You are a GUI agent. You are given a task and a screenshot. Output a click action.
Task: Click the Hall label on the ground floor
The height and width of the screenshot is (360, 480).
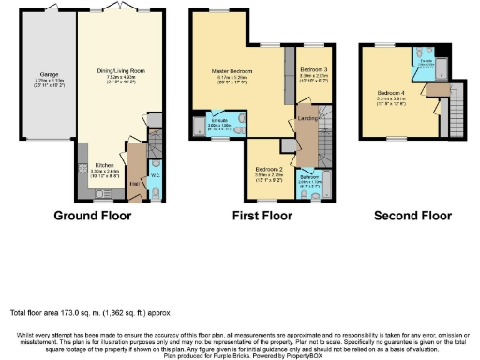click(x=135, y=184)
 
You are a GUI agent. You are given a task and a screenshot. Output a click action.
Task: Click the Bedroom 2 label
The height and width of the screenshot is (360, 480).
click(x=268, y=169)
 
